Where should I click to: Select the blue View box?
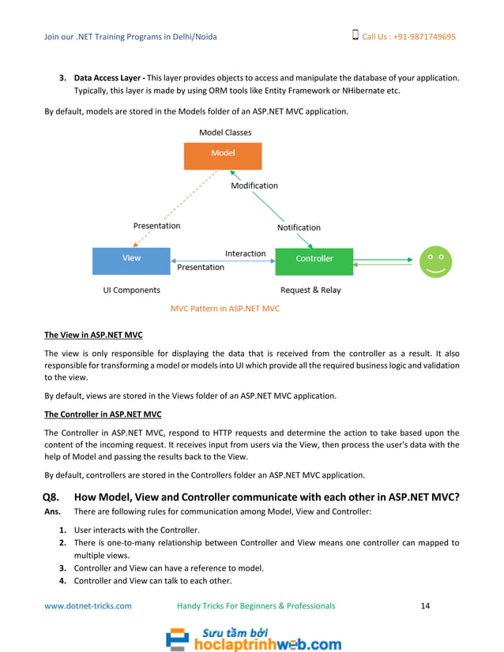coord(131,259)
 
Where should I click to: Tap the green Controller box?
coord(314,260)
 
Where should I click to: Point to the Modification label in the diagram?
coord(254,186)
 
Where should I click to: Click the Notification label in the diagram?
coord(299,228)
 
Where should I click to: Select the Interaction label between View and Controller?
coord(245,254)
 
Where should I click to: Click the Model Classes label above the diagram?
coord(225,133)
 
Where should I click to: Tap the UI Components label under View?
coord(131,290)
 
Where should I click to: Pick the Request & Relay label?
coord(310,290)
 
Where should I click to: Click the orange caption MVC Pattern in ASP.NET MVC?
coord(225,309)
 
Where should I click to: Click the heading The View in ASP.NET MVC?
coord(93,335)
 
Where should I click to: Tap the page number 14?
coord(425,606)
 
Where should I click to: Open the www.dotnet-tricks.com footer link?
coord(88,606)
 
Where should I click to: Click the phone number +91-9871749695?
coord(420,37)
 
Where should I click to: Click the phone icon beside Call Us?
coord(355,36)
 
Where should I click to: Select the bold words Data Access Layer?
coord(108,79)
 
